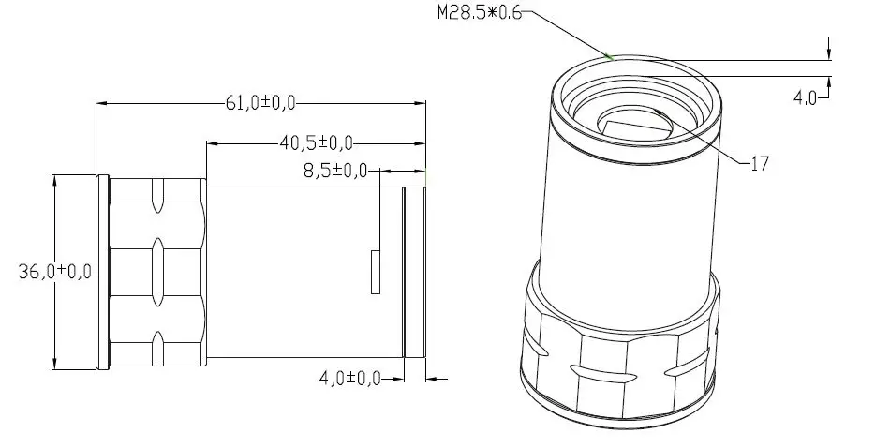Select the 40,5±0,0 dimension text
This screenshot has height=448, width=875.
coord(316,142)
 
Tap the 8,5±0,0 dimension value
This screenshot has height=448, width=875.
coord(334,172)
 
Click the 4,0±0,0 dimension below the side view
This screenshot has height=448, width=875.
coord(349,379)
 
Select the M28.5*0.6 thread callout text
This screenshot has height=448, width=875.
coord(478,13)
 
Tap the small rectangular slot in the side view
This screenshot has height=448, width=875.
coord(376,272)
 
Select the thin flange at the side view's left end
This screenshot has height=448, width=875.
coord(102,272)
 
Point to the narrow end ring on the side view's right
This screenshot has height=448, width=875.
coord(415,272)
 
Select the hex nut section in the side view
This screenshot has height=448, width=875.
coord(157,272)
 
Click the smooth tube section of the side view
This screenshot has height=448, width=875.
coord(300,272)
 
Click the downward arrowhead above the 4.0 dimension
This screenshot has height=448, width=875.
coord(828,54)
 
